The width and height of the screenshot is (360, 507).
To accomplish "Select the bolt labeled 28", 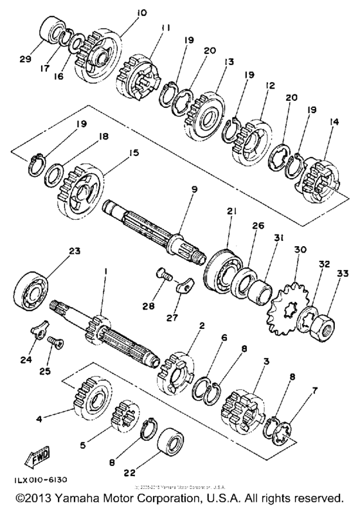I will [165, 276].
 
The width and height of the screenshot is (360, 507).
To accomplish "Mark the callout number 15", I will [134, 153].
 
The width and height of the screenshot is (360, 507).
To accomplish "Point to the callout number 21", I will [231, 211].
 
